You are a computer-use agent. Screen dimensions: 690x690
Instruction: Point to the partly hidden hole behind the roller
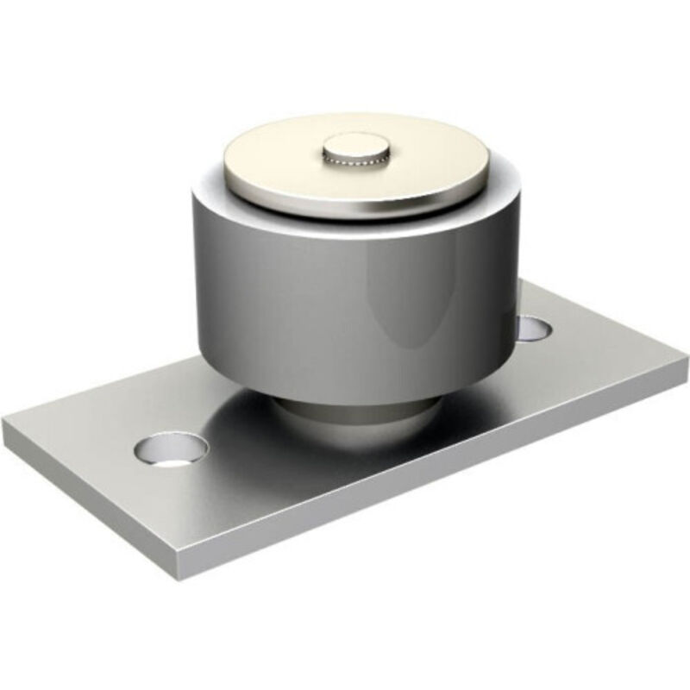tap(535, 328)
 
